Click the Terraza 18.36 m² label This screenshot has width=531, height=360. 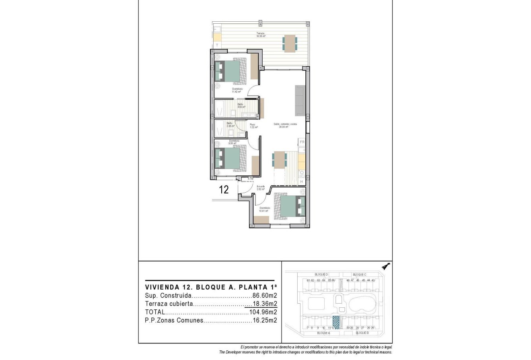(x=261, y=35)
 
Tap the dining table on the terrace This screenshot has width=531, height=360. (x=290, y=43)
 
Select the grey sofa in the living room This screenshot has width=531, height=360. (x=300, y=101)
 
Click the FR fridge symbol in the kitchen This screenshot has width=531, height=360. (x=302, y=142)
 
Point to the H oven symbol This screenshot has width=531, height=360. (x=302, y=182)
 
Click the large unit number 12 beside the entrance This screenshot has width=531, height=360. (x=224, y=190)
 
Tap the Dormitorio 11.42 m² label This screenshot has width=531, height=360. (x=237, y=90)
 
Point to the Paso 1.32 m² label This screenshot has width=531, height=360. (x=253, y=126)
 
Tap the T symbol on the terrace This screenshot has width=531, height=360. (x=217, y=45)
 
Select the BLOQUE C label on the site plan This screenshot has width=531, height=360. (x=359, y=274)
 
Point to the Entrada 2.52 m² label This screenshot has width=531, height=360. (x=261, y=188)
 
